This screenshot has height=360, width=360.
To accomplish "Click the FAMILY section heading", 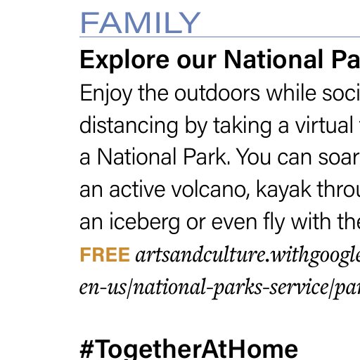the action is point(140,22).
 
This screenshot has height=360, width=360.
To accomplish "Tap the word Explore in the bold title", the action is point(124,60).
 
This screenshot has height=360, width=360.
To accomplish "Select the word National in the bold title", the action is point(274,59).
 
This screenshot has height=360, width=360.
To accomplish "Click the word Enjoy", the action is point(106,94).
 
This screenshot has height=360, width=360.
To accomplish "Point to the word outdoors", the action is point(217,93).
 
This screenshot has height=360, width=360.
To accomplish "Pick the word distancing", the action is point(129,126).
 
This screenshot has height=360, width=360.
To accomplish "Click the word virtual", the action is point(324,125).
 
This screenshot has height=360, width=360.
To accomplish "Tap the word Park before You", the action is point(207,157).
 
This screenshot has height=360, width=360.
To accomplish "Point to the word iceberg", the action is point(144,222).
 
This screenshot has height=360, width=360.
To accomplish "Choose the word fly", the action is point(274,222).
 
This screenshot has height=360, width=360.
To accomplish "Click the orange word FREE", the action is point(105,255).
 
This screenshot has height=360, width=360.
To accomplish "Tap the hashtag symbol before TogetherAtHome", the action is point(87,349).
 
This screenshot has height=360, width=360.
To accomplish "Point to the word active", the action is point(137,189).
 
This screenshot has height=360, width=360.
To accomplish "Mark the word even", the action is point(234,222).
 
